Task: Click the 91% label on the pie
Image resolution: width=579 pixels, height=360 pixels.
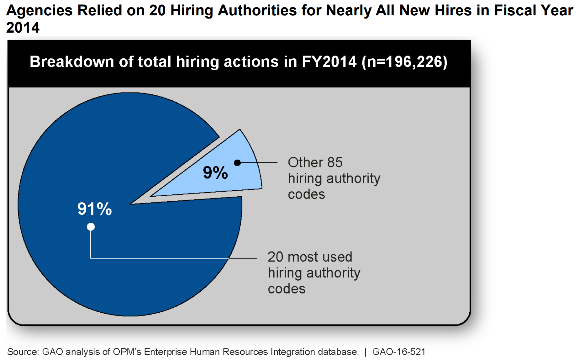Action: coord(94,209)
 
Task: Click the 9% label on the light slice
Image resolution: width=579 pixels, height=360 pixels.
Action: coord(215,173)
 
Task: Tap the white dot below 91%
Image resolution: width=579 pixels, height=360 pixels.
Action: coord(91,227)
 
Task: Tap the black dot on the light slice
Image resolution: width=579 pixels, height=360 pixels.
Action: coord(238,162)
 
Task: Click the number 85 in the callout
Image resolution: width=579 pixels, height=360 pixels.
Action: coord(335,162)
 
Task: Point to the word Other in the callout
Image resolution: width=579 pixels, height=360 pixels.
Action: coord(305,162)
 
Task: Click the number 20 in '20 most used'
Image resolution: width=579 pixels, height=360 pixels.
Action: coord(275,257)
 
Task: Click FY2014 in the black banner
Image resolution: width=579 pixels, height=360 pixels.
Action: coord(329,61)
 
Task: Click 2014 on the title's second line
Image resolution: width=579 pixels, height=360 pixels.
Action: coord(23,28)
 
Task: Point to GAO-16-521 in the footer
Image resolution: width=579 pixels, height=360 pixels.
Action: coord(398,352)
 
